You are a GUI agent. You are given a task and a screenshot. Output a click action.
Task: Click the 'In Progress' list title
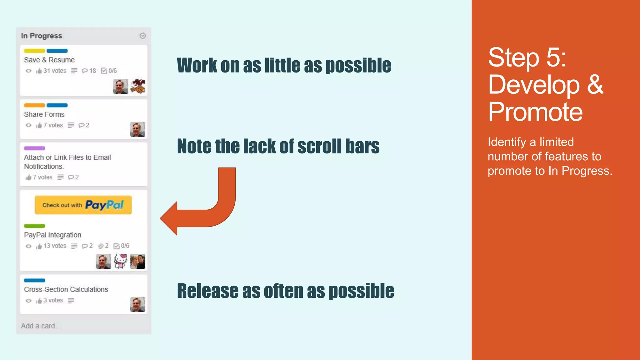point(42,36)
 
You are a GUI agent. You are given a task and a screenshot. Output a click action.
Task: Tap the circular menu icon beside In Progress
point(142,36)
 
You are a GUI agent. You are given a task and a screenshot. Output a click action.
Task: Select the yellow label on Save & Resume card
point(34,51)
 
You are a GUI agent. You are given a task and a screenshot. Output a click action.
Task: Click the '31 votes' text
point(55,71)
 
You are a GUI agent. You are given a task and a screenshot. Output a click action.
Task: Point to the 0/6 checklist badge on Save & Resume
point(109,71)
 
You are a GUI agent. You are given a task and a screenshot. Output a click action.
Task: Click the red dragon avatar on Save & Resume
point(138,86)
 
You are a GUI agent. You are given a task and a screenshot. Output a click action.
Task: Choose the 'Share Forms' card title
point(44,114)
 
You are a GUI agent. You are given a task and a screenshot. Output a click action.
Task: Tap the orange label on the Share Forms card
point(34,105)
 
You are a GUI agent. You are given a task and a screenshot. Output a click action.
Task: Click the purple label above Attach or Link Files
point(34,148)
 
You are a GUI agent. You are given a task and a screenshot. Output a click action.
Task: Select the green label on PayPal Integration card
point(34,226)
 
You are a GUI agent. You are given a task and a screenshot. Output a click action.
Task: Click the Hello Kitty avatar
point(121,261)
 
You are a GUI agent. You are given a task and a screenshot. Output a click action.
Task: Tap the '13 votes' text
point(55,246)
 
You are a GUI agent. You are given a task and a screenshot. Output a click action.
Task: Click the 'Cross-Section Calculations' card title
point(66,289)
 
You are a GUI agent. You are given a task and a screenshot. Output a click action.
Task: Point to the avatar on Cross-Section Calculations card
point(137,304)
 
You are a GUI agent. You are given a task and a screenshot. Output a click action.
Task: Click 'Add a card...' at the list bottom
point(41,326)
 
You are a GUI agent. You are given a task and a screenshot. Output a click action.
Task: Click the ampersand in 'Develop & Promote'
point(595,85)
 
